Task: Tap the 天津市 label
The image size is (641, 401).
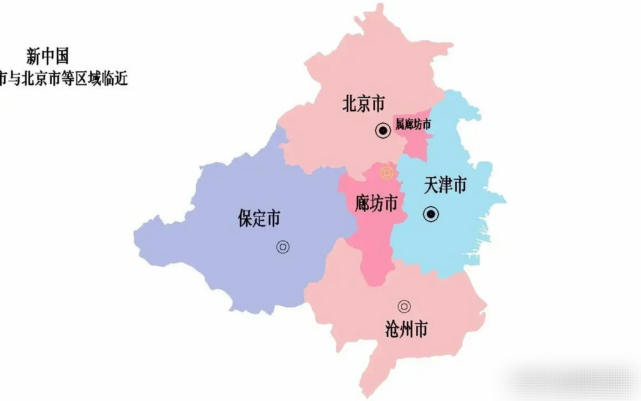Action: (445, 185)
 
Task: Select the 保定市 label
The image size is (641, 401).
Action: (259, 218)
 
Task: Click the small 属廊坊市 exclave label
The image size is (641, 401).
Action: (413, 124)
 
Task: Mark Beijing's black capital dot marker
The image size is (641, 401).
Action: (383, 130)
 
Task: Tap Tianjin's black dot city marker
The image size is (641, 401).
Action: (431, 214)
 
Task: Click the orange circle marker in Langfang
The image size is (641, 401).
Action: (387, 173)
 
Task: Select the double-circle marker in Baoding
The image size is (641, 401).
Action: (283, 247)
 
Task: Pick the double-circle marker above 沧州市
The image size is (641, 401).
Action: (404, 306)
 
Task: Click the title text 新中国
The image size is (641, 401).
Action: (47, 56)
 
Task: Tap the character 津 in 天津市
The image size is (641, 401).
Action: (445, 185)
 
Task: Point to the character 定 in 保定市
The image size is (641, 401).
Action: (259, 218)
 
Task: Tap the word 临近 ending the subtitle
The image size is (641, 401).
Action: (116, 78)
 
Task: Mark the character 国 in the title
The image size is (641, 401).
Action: (62, 56)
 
